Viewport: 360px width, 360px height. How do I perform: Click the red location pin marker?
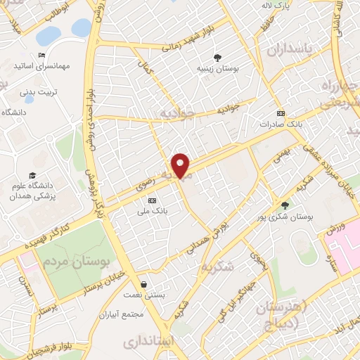point(181,165)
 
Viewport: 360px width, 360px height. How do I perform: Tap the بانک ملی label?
point(153,211)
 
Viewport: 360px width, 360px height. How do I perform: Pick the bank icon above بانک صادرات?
point(281,113)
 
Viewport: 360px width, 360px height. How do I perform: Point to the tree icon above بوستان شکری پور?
point(284,205)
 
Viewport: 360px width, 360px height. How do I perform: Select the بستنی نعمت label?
point(143,296)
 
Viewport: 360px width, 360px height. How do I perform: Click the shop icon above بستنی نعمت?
point(144,285)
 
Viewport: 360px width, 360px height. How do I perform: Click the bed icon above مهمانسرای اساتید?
point(42,55)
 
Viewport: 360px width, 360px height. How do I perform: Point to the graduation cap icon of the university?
point(32,175)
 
